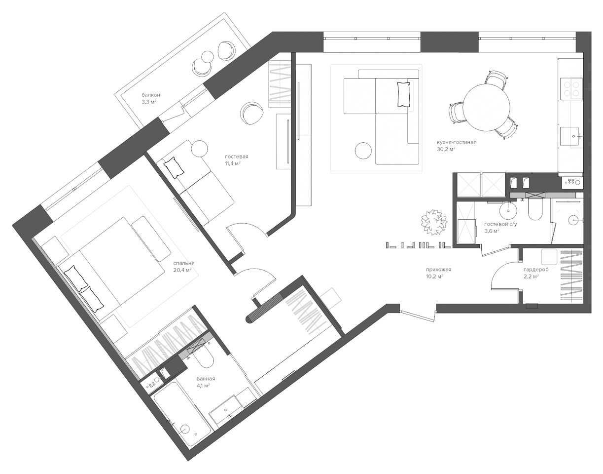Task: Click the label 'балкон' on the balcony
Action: point(151,95)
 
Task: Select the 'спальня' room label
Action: point(184,263)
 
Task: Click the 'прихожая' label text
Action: point(439,269)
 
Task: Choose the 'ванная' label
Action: point(206,378)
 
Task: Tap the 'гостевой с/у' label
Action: point(500,224)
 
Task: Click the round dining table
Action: point(487,107)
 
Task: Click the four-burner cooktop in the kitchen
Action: point(571,89)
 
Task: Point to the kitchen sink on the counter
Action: point(569,136)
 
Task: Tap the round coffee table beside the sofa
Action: point(363,151)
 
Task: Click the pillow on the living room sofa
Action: point(404,94)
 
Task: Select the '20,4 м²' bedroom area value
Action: point(182,270)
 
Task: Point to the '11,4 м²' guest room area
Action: point(233,163)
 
